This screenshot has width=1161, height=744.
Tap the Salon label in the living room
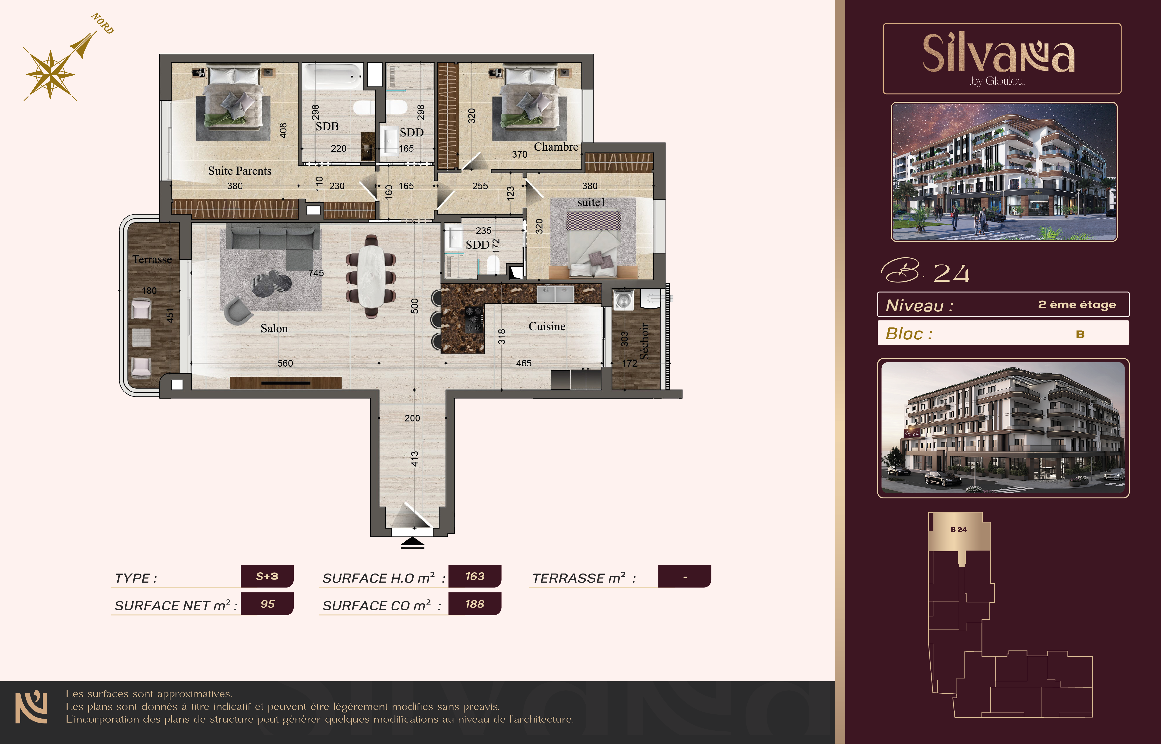tap(274, 329)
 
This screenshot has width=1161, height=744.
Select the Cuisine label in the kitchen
tap(547, 327)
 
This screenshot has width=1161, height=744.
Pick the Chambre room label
tap(556, 147)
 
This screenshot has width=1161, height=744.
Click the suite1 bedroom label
tap(591, 202)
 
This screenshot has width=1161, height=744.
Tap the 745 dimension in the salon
tap(316, 273)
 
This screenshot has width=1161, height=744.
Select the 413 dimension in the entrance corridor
tap(414, 459)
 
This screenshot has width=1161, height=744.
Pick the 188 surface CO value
tap(475, 604)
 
